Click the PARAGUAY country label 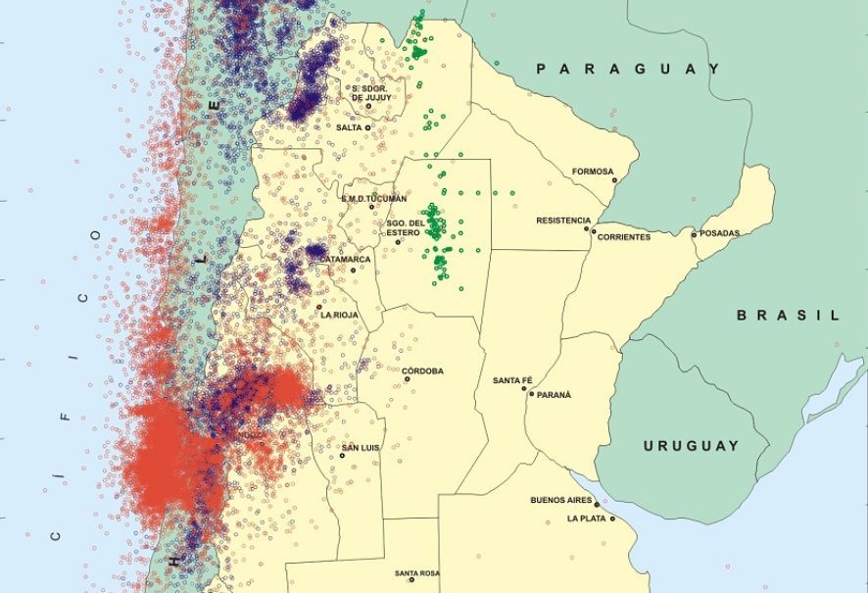tap(628, 69)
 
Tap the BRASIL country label tap(788, 316)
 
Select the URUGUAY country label tap(691, 446)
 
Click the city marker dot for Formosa tap(614, 179)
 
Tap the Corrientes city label tap(623, 237)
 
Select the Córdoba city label tap(422, 371)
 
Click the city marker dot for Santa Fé tap(527, 390)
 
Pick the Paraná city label tap(554, 395)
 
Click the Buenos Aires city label tap(562, 500)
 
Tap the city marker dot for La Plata tap(613, 518)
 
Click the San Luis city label tap(360, 449)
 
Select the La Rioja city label tap(339, 315)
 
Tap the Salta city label tap(349, 127)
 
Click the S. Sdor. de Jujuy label tap(371, 94)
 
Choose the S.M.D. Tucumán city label tap(373, 198)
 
